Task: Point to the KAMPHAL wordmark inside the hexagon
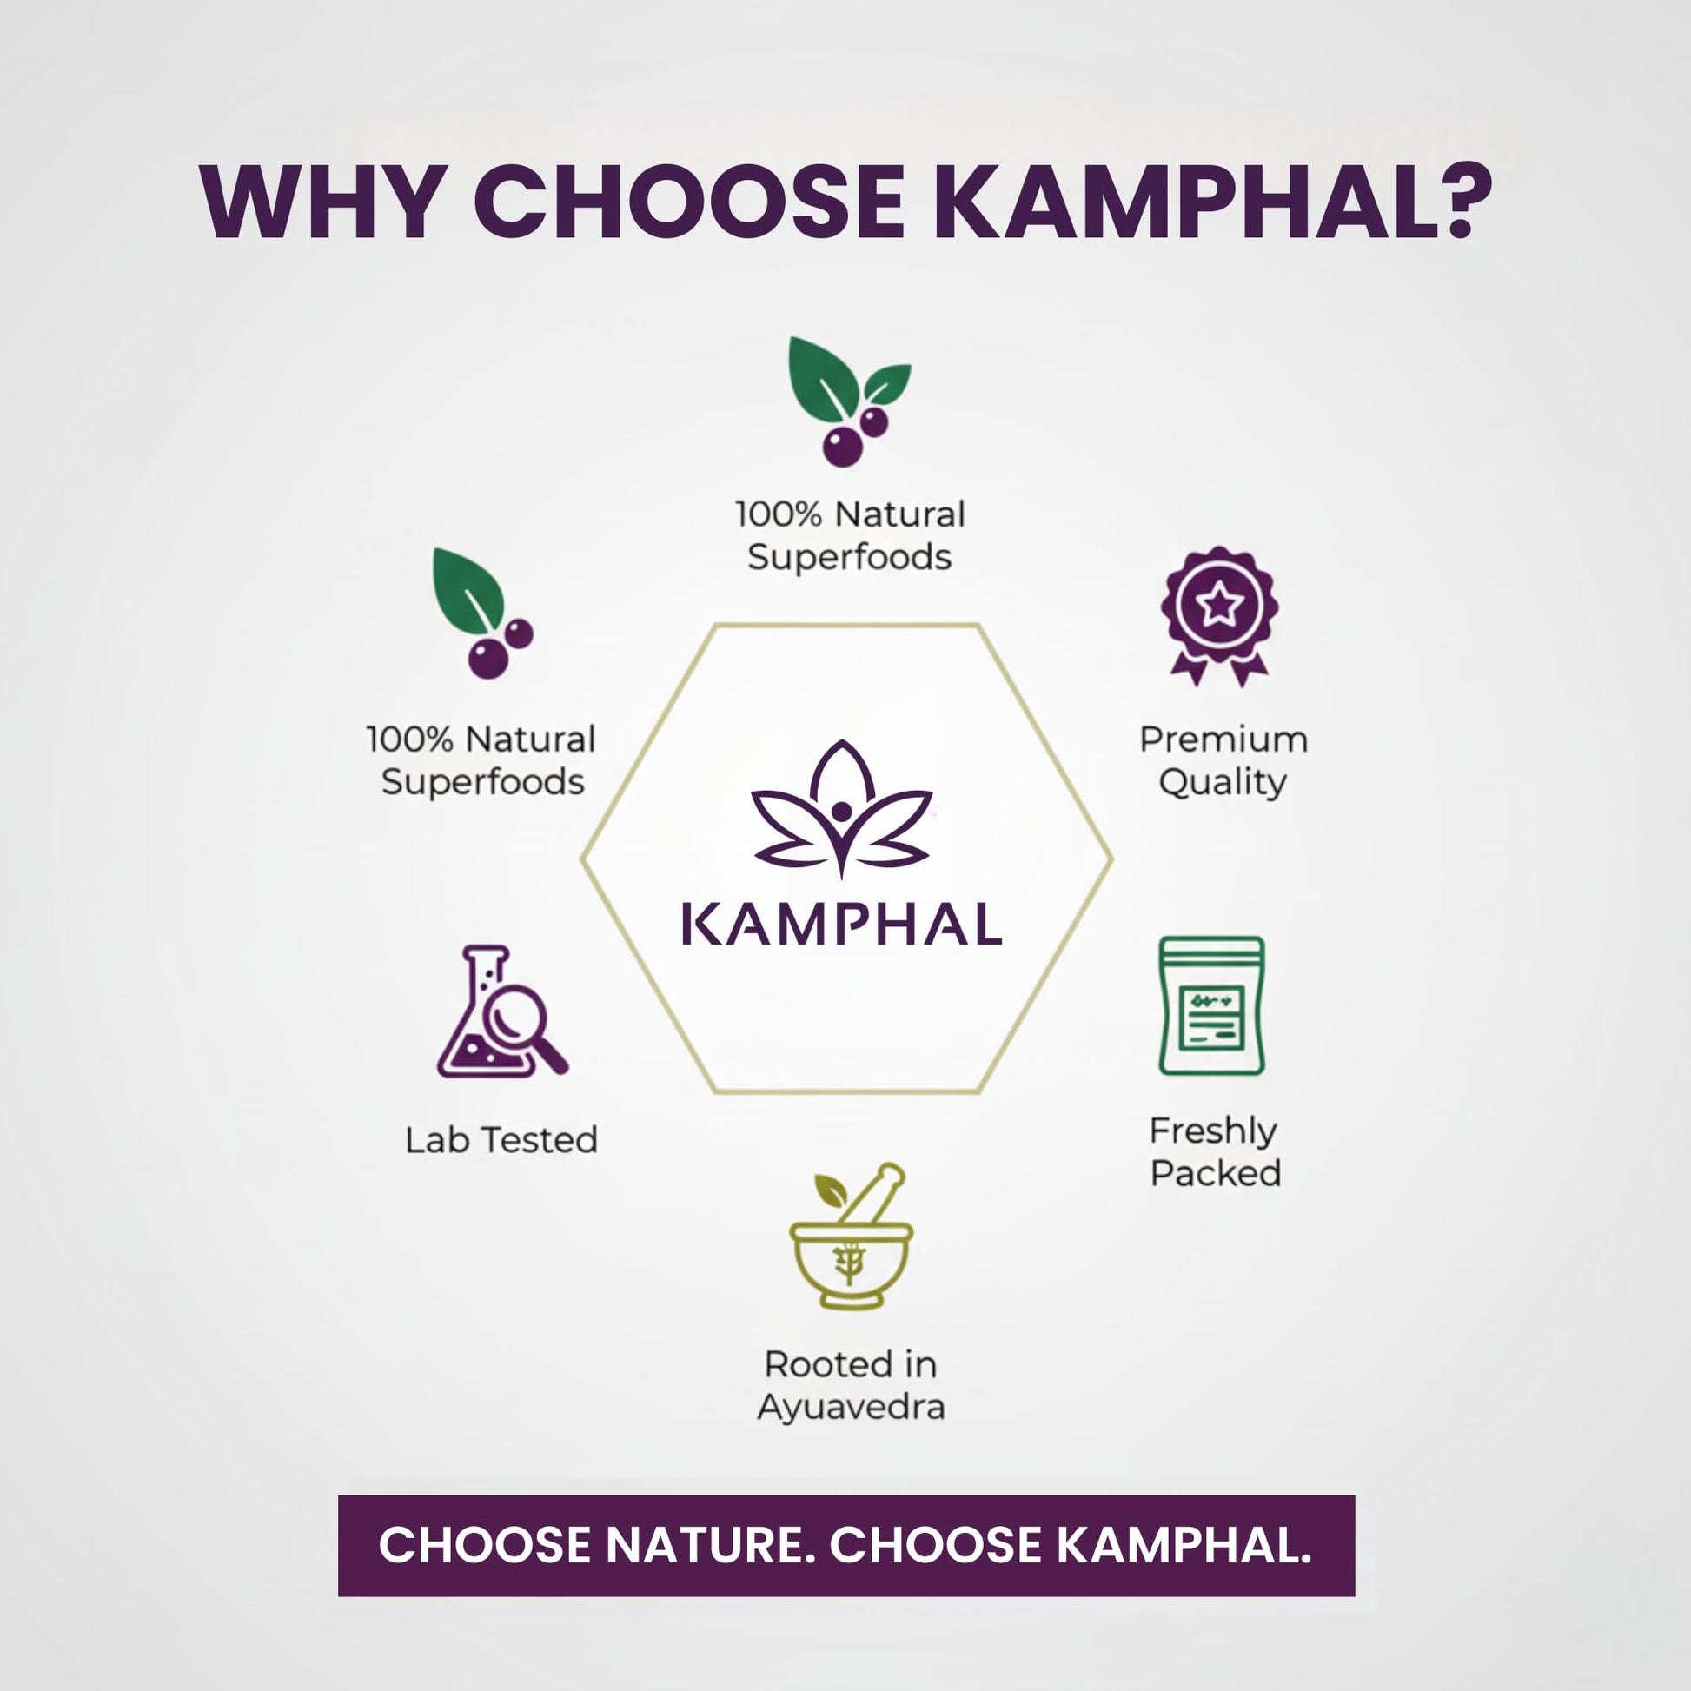[842, 926]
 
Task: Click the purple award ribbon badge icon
[1219, 616]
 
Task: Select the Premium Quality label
[1223, 760]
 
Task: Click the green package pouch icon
[1212, 1005]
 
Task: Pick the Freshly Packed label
[1215, 1152]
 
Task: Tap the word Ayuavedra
[851, 1409]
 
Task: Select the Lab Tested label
[501, 1139]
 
